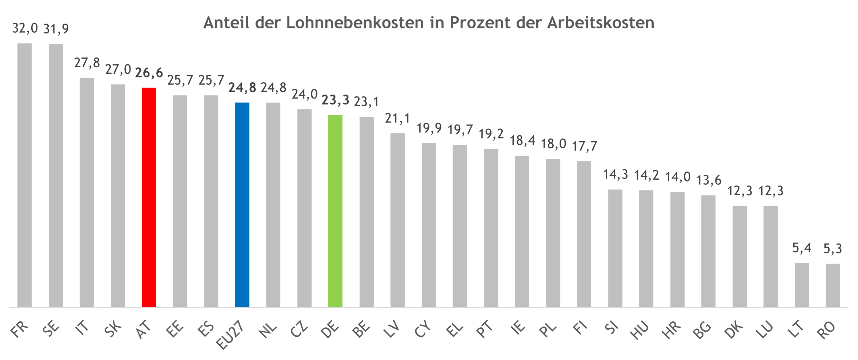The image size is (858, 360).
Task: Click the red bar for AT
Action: pyautogui.click(x=149, y=197)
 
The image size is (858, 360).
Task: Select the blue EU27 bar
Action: pyautogui.click(x=242, y=204)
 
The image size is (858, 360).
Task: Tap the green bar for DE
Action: pyautogui.click(x=335, y=211)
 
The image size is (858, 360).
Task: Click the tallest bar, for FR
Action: pyautogui.click(x=24, y=175)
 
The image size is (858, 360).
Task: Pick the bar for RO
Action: pyautogui.click(x=833, y=285)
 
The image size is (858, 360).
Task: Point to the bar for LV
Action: pyautogui.click(x=397, y=220)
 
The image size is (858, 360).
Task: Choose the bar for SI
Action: pyautogui.click(x=615, y=248)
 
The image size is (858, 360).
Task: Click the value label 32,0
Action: pyautogui.click(x=25, y=28)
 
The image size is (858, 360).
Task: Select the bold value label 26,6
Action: pyautogui.click(x=149, y=73)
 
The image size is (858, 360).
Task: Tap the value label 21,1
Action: pyautogui.click(x=398, y=119)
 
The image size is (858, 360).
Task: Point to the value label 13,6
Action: pyautogui.click(x=709, y=180)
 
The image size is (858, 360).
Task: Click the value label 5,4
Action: pyautogui.click(x=802, y=248)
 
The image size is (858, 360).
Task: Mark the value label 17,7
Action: pyautogui.click(x=584, y=146)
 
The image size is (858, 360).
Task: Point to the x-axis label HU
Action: pyautogui.click(x=640, y=330)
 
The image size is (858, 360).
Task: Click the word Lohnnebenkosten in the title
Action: pyautogui.click(x=355, y=23)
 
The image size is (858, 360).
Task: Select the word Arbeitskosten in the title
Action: pyautogui.click(x=600, y=23)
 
